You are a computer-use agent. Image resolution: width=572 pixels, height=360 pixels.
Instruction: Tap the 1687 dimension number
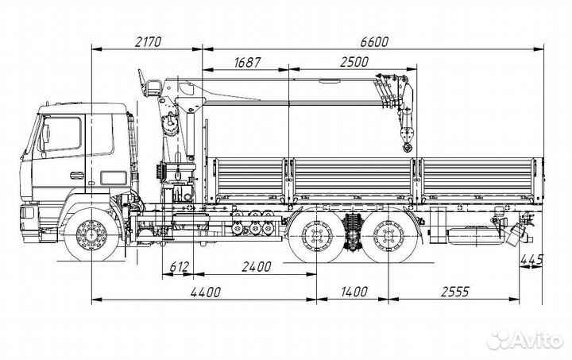tap(250, 63)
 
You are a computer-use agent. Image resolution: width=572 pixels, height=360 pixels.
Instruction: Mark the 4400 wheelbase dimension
tap(204, 292)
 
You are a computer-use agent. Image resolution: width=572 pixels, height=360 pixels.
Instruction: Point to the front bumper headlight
tap(28, 213)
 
